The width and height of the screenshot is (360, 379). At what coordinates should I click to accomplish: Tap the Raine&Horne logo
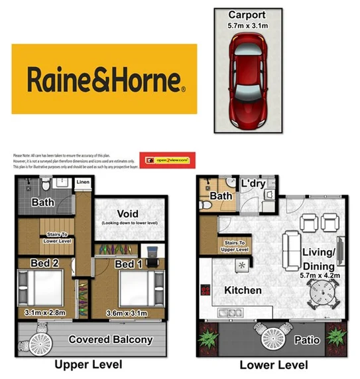(x=105, y=79)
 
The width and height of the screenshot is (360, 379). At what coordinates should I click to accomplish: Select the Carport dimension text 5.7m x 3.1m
(x=247, y=26)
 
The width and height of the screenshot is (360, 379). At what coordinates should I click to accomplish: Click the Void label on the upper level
(x=127, y=213)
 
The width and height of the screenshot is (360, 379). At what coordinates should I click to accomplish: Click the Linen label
(x=83, y=182)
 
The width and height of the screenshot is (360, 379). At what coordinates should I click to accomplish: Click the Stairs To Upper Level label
(x=237, y=246)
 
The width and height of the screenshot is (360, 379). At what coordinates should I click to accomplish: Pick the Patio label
(x=307, y=341)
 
